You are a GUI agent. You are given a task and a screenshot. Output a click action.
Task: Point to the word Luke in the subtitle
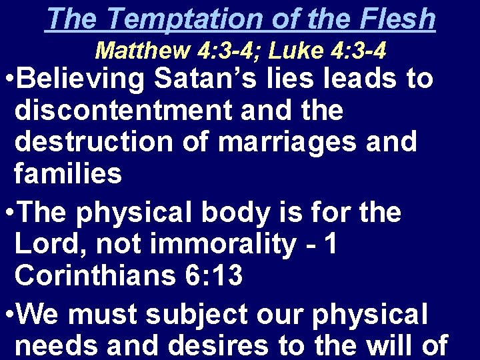click(295, 51)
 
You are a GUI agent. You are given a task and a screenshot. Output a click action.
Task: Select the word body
click(229, 213)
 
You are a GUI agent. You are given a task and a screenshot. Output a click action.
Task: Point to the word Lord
click(51, 245)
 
